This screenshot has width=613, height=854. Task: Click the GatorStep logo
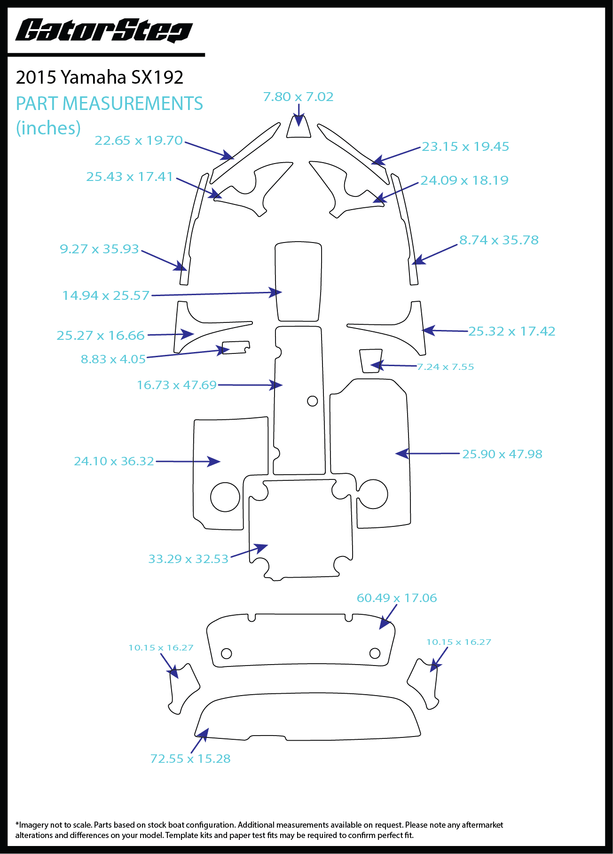point(104,31)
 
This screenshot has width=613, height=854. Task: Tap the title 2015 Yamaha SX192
point(99,78)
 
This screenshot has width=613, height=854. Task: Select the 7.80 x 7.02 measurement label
point(298,97)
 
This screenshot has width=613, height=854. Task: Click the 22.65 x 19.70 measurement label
point(138,141)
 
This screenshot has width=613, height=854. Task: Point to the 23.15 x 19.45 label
point(465,147)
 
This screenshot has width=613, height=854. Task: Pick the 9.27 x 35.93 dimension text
point(99,249)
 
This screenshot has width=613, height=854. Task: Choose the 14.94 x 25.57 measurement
point(106,296)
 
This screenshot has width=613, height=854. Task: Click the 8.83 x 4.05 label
point(113,360)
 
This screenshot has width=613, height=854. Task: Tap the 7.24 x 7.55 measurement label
point(445,367)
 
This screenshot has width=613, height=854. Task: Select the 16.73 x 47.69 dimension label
point(176,385)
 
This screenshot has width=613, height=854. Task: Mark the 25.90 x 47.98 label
point(502,454)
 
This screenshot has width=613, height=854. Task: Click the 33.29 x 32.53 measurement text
point(188,559)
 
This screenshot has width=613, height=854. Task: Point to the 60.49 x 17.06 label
point(397,598)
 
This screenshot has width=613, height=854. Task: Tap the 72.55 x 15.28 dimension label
point(190,759)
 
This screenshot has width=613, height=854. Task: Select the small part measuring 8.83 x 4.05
point(236,347)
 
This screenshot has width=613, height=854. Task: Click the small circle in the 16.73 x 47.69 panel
point(312,401)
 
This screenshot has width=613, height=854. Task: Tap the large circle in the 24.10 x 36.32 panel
point(225,497)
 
